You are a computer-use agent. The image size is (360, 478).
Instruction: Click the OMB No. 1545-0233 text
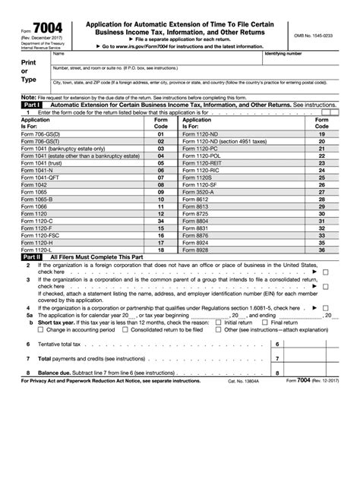pos(313,36)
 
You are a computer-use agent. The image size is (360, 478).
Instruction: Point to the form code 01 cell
pos(160,134)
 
